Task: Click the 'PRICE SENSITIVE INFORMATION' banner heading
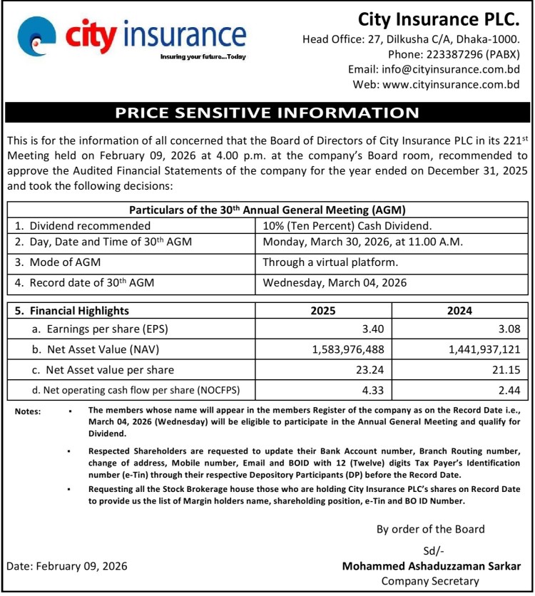[267, 113]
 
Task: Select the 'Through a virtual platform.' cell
[330, 262]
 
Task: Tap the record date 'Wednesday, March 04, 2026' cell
[335, 282]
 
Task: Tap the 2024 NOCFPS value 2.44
[513, 390]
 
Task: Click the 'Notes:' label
[28, 411]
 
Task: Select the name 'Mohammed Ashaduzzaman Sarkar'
[432, 566]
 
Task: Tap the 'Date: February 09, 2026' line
[67, 566]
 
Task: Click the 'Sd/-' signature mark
[432, 550]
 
